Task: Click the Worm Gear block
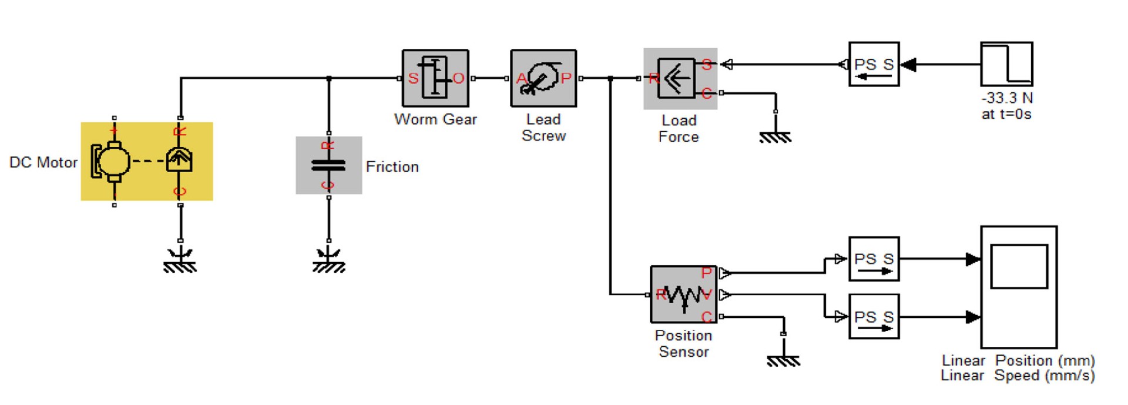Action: pos(435,78)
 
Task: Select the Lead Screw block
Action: pos(543,78)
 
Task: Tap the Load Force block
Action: pos(680,78)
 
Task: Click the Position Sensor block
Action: pos(683,294)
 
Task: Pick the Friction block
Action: pos(328,165)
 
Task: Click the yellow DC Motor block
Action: pos(146,161)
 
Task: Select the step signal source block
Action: pos(1006,64)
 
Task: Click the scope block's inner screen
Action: pos(1019,267)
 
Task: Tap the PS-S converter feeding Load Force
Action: pos(874,64)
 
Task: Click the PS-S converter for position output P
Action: pos(874,259)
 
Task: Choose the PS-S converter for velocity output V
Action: pos(874,317)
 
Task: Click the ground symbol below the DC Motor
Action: pos(180,262)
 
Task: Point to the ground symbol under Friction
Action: pos(328,262)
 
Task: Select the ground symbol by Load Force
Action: pos(775,136)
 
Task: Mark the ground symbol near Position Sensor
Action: pos(783,360)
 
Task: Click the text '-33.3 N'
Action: pos(1006,98)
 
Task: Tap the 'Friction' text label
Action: pos(392,167)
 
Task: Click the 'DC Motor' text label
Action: pos(43,163)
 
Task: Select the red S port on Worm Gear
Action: pos(413,78)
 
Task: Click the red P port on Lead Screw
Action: pos(566,78)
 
